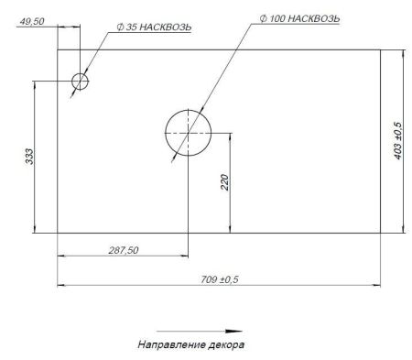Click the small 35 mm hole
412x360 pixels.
pos(81,82)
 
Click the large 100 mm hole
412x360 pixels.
pos(187,133)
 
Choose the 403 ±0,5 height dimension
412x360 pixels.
pos(397,140)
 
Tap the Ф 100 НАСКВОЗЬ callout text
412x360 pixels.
pos(299,19)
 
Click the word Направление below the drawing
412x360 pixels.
pos(168,345)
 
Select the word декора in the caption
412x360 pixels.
pos(227,345)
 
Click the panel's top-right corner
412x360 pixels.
pos(380,49)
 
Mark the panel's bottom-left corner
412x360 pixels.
pos(58,233)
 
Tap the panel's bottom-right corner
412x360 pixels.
pos(380,233)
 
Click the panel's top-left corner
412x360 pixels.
pos(58,49)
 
